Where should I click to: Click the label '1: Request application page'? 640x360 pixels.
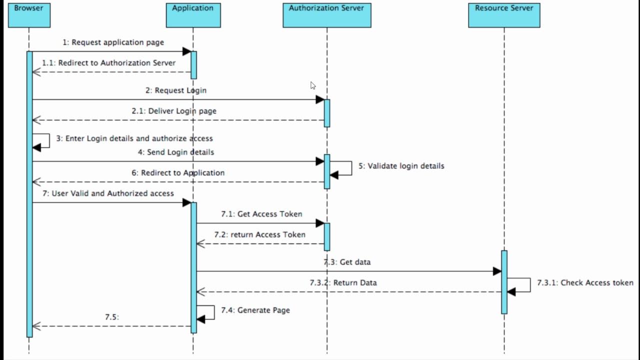coord(113,42)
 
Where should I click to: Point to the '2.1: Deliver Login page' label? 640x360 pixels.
coord(174,111)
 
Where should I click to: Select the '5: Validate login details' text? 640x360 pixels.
coord(401,166)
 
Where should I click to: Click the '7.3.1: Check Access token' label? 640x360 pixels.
coord(585,283)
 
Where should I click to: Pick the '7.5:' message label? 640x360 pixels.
coord(111,317)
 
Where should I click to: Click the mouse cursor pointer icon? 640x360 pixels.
coord(313,85)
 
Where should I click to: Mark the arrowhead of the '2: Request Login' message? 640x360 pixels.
coord(320,99)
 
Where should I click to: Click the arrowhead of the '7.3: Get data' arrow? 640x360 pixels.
coord(497,271)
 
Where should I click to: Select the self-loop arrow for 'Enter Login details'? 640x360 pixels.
coord(42,141)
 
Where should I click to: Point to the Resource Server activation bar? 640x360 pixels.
coord(504,282)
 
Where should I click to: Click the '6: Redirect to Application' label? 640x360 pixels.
coord(178,173)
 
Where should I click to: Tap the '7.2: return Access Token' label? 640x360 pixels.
coord(259,234)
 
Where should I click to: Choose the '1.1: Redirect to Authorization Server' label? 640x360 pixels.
coord(108,63)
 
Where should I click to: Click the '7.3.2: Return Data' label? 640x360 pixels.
coord(343,283)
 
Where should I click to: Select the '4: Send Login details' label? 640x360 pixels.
coord(176,152)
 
